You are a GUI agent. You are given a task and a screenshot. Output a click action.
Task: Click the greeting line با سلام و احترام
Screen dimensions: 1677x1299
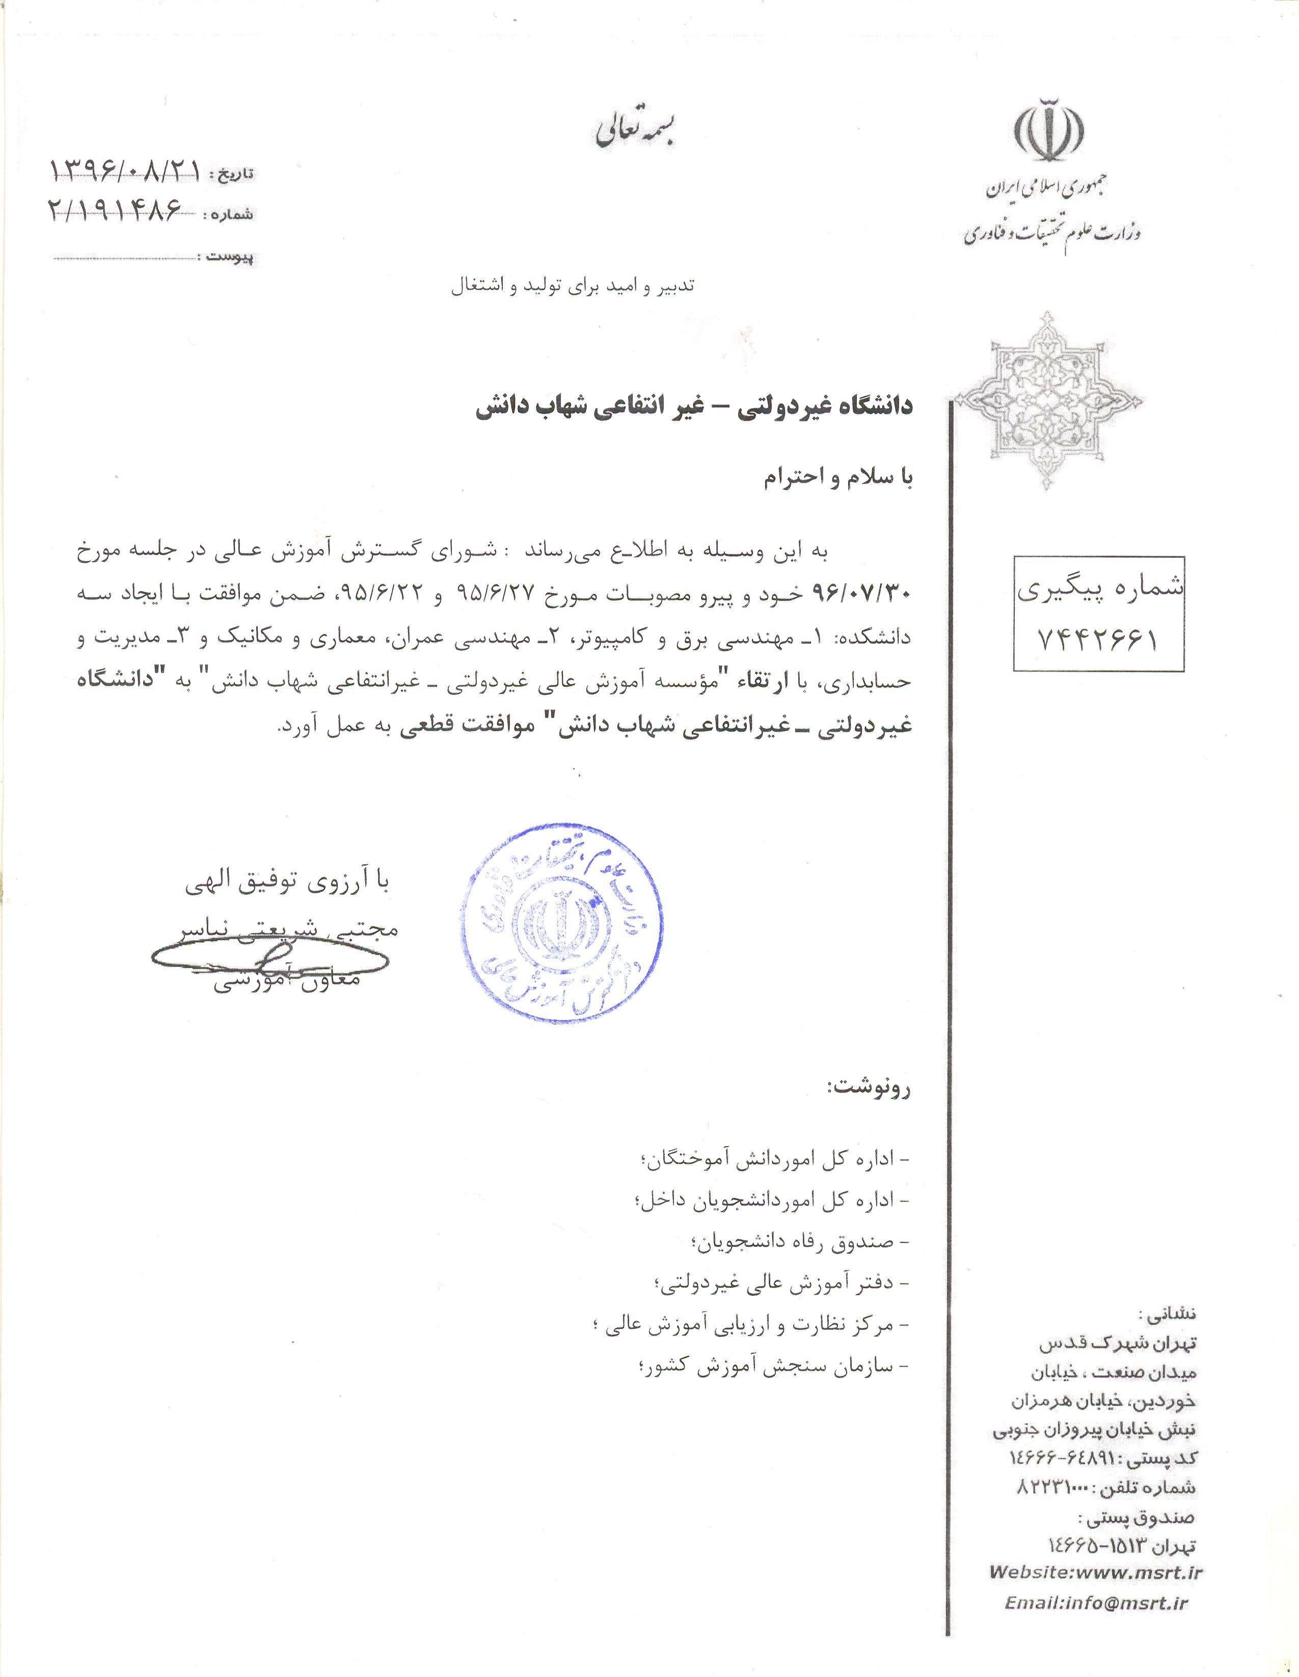tap(837, 477)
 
